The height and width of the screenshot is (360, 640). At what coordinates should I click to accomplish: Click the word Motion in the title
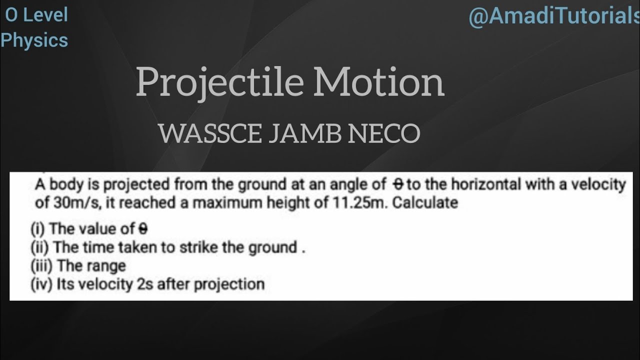378,83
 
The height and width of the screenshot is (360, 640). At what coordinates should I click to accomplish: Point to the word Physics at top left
34,40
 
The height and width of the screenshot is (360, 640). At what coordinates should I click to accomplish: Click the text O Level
36,15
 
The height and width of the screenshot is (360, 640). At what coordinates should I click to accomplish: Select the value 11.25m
360,203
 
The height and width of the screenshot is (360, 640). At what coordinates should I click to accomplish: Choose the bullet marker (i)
38,229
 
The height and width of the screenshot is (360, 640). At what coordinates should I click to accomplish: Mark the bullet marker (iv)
41,284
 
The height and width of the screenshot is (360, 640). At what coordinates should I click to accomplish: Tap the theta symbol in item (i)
143,229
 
